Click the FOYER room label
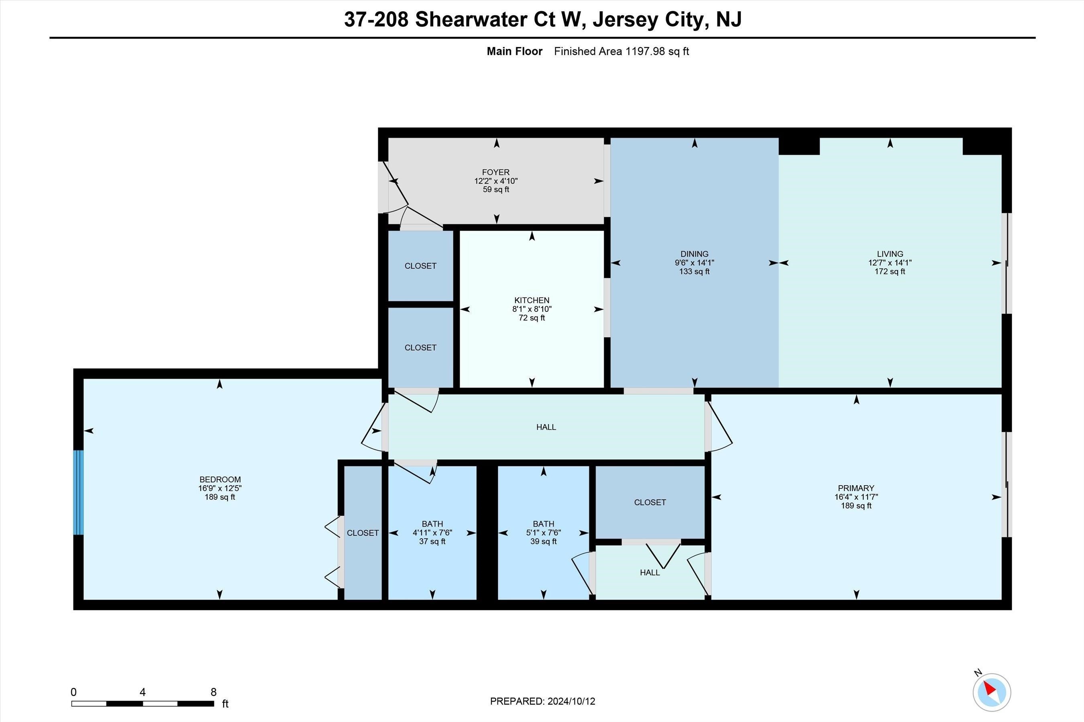coord(496,172)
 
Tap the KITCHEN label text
coord(532,300)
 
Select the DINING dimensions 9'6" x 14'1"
coord(695,263)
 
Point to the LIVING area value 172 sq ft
coord(890,272)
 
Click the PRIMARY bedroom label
coord(856,488)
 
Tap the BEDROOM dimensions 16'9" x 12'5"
coord(220,488)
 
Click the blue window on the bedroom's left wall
coord(79,492)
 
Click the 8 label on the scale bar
coord(213,692)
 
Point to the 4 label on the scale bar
coord(143,692)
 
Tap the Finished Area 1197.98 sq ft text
coord(621,51)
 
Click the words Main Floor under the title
coord(514,51)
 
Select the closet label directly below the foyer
coord(420,266)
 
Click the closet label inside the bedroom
coord(363,533)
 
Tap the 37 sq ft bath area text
coord(432,541)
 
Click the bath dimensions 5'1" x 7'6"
coord(543,533)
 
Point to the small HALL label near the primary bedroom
coord(650,572)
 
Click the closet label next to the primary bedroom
coord(650,502)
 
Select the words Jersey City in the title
coord(648,20)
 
